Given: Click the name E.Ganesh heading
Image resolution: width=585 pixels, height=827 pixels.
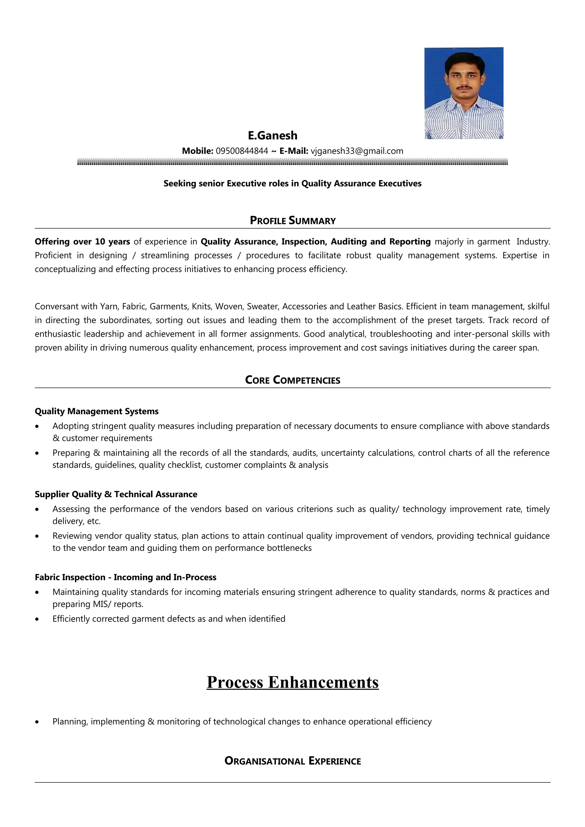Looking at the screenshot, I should [x=273, y=136].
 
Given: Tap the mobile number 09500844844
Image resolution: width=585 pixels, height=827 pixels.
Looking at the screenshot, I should [x=242, y=151].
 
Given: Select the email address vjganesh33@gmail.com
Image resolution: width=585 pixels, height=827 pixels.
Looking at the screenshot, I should [x=357, y=151].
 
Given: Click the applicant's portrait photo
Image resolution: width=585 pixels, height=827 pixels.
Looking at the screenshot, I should [x=464, y=93].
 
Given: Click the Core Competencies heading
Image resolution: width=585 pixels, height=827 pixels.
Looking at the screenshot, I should [x=293, y=380].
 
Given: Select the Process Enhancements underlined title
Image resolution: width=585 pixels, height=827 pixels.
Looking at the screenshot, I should [x=293, y=682].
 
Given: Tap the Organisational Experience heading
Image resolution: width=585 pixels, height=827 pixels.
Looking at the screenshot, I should [x=293, y=761].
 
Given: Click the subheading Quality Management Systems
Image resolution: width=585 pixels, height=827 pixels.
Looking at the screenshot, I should [x=97, y=411].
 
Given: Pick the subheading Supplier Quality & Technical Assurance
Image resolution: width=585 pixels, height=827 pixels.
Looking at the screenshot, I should [x=116, y=494].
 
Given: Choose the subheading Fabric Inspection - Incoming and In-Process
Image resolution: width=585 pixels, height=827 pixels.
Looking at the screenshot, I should [x=125, y=577].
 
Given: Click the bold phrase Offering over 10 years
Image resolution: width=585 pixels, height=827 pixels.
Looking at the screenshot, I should [x=82, y=241].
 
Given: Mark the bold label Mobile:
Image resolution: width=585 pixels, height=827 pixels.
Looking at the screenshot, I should [x=197, y=151].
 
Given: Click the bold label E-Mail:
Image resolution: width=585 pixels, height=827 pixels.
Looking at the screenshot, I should [x=294, y=151].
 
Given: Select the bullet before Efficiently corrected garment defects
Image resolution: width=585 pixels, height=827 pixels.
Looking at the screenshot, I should [x=37, y=619].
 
